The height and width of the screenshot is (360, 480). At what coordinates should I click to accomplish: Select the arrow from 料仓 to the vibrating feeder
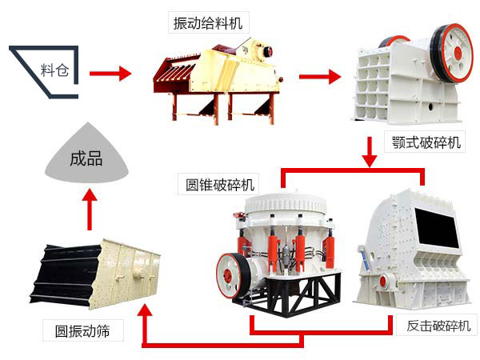109,74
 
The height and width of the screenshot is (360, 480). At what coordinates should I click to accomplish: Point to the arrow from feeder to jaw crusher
318,77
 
